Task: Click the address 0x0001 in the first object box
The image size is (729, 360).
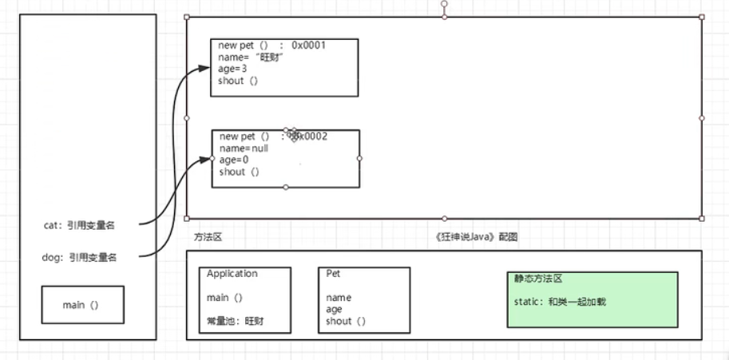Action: tap(308, 45)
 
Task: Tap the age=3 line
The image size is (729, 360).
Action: tap(232, 69)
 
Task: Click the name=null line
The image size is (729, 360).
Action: tap(243, 148)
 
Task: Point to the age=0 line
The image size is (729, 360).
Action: tap(234, 160)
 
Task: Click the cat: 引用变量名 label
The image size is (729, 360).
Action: tap(78, 225)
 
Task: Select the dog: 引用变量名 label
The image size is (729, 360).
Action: tap(78, 257)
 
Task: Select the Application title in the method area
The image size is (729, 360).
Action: tap(232, 274)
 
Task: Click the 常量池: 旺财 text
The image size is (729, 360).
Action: tap(235, 322)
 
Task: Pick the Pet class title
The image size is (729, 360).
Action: tap(334, 274)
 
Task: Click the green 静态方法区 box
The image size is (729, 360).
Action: tap(592, 299)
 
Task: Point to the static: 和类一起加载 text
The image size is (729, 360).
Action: tap(561, 303)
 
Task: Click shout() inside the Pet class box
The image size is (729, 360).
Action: tap(346, 322)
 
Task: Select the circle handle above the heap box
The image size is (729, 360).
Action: tap(444, 4)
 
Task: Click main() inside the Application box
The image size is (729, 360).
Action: tap(224, 298)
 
